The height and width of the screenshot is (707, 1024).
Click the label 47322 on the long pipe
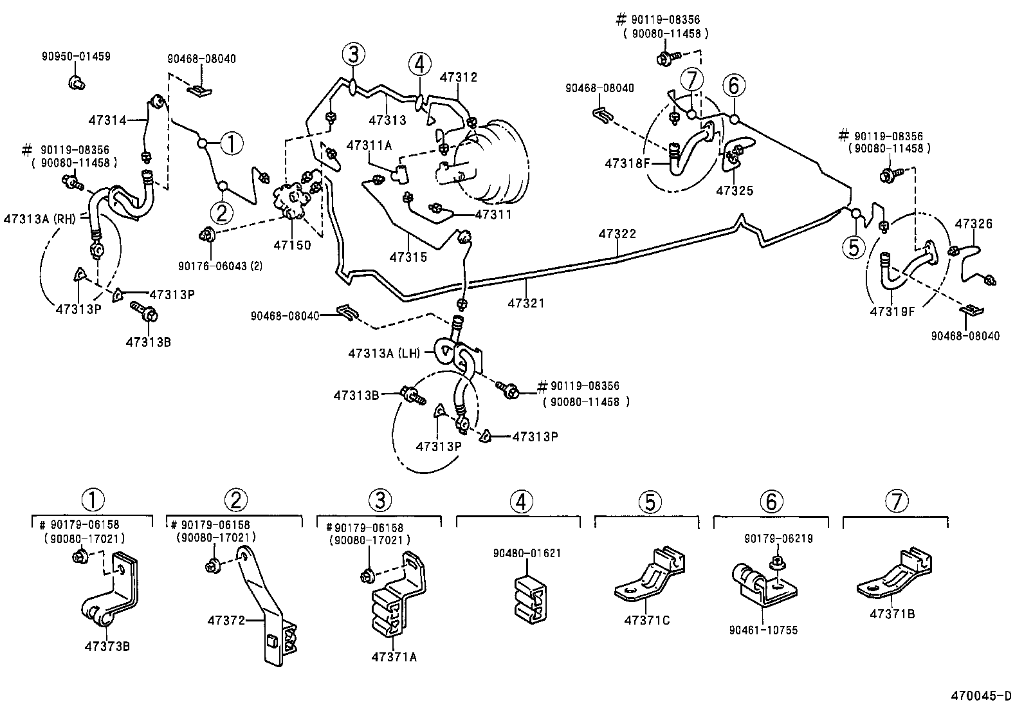pos(617,234)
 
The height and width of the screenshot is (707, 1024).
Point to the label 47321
pos(526,302)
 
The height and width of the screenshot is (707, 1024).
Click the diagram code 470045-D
pos(982,696)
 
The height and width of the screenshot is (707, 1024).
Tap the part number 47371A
pos(394,657)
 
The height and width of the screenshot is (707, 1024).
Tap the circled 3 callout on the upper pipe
pos(353,54)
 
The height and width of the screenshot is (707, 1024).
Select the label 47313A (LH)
pos(383,353)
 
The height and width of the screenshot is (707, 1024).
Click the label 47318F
pos(628,163)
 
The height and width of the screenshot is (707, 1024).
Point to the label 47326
pos(973,224)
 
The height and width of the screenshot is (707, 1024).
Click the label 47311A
pos(369,145)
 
